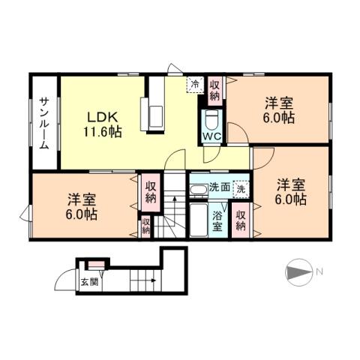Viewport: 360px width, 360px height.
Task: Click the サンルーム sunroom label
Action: tap(45, 123)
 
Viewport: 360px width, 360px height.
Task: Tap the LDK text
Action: tap(100, 117)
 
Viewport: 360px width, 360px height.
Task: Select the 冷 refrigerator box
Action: tap(195, 85)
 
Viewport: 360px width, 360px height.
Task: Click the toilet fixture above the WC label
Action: tap(211, 119)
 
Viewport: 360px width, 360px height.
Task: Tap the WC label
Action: tap(211, 137)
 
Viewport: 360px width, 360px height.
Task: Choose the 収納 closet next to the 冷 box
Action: tap(214, 90)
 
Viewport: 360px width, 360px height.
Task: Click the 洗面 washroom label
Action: tap(218, 187)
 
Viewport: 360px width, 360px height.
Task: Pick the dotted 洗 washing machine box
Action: tap(240, 189)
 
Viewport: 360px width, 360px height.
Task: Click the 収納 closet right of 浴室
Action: tap(241, 219)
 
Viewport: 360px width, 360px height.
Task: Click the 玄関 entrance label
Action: tap(89, 283)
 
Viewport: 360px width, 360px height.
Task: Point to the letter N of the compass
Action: tap(319, 271)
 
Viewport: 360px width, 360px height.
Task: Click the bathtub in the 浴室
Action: tap(198, 220)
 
